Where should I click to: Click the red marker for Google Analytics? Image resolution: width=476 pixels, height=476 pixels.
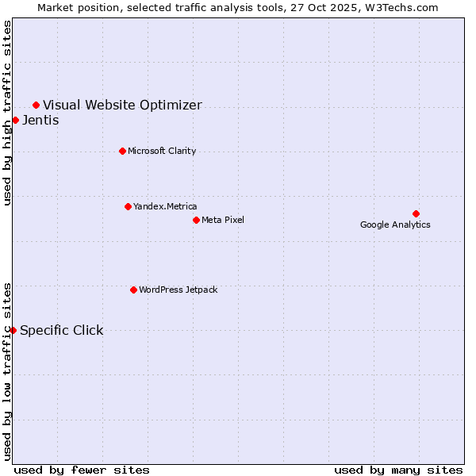(x=416, y=213)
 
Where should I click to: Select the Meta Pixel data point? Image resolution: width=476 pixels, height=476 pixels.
(x=196, y=220)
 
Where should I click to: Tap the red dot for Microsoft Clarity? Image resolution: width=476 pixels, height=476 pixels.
(x=122, y=151)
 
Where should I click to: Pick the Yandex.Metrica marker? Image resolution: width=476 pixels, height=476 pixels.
(x=128, y=206)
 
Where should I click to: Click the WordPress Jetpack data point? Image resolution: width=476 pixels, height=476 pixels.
(x=133, y=290)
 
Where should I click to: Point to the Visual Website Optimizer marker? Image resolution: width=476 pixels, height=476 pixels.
(x=36, y=105)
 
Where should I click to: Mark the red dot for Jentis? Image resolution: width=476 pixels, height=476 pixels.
(x=15, y=120)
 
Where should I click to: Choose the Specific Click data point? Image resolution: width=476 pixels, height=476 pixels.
(x=13, y=330)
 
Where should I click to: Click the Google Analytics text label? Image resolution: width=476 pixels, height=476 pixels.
(x=395, y=225)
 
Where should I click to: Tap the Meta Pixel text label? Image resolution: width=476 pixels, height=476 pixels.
(x=223, y=220)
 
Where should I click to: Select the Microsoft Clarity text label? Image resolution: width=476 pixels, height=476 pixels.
(x=162, y=151)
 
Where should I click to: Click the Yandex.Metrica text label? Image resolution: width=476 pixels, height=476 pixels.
(x=165, y=206)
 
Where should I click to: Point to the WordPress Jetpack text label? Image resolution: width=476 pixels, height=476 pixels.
(x=178, y=290)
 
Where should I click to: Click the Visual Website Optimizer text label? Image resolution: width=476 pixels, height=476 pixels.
(x=122, y=105)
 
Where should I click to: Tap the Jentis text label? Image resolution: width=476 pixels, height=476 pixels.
(x=40, y=120)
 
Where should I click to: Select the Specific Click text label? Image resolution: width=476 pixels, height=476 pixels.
(x=62, y=330)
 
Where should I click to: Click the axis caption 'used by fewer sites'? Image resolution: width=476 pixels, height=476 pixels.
(x=82, y=470)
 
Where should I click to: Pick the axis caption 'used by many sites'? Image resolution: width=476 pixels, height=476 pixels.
(x=398, y=470)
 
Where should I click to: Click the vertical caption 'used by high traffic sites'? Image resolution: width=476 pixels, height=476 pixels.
(x=8, y=113)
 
